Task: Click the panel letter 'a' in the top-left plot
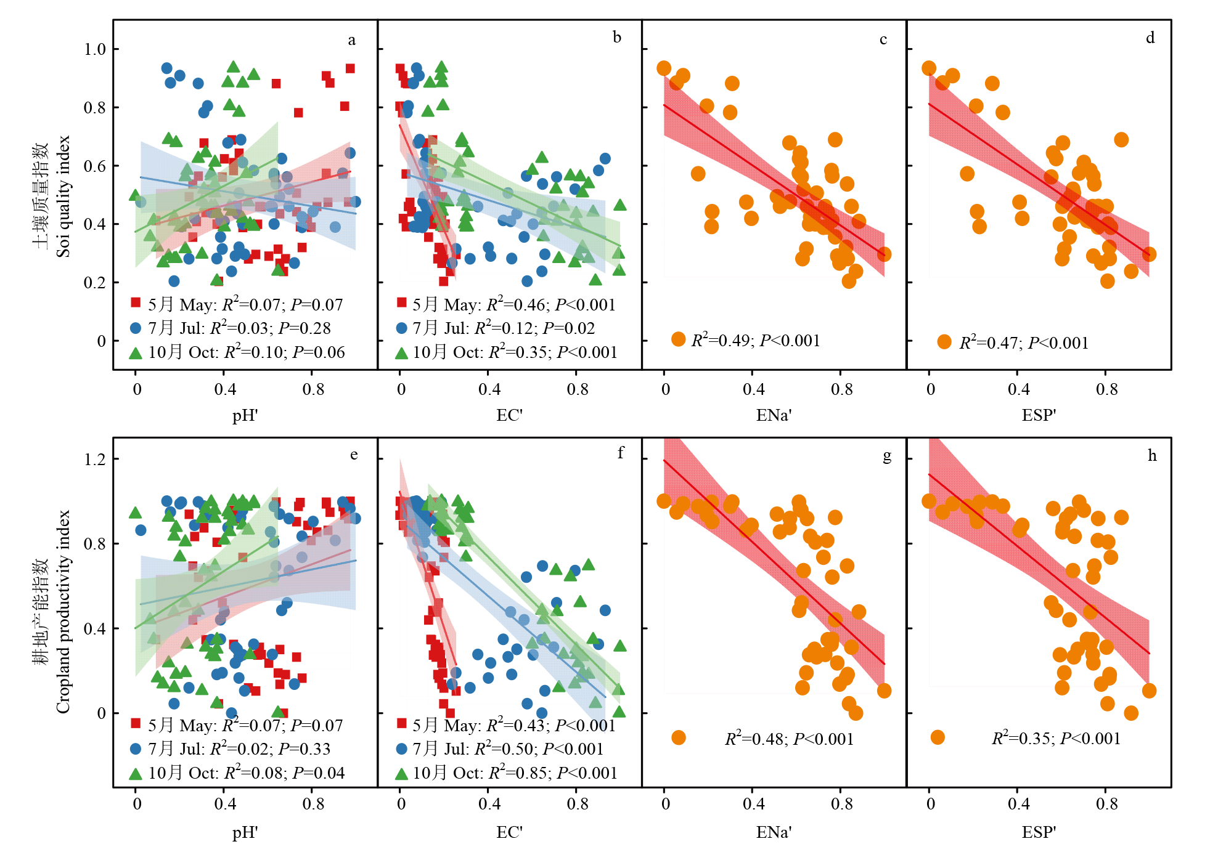351,41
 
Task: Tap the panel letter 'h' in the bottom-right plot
1151,456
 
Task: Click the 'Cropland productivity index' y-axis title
63,612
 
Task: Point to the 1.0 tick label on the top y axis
95,49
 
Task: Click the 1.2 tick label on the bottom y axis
95,460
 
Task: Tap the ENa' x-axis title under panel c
774,415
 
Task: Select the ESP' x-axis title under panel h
1039,832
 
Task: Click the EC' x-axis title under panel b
509,415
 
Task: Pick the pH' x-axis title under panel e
245,832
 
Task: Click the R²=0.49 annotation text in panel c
756,341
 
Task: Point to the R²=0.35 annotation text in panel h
1056,738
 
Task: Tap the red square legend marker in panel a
136,302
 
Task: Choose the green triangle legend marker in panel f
401,774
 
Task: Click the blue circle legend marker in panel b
401,328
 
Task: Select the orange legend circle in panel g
678,737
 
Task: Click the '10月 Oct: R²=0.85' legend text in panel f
515,773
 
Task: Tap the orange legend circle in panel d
944,342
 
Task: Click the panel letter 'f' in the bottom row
620,454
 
